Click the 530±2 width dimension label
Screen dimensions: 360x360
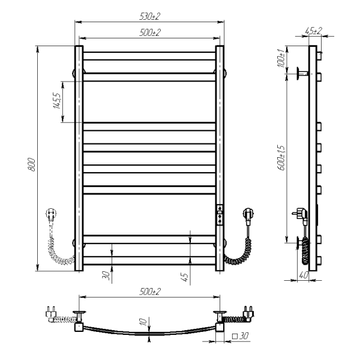tap(149, 17)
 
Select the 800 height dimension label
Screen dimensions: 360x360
tap(31, 164)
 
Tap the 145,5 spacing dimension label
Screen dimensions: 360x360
tap(57, 101)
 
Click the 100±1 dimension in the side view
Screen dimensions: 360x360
tap(281, 58)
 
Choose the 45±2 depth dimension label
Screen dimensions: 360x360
tap(314, 31)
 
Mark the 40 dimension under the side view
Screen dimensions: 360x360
tap(303, 275)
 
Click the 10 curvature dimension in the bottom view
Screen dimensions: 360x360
tap(143, 322)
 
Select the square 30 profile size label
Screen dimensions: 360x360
tap(241, 336)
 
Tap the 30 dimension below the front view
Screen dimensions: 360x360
tap(106, 275)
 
